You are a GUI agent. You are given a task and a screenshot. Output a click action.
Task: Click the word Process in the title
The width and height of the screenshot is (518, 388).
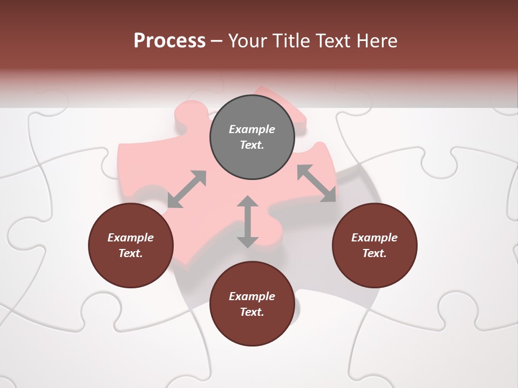(x=169, y=41)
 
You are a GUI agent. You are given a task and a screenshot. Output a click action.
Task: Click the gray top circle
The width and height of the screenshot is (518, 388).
(x=252, y=137)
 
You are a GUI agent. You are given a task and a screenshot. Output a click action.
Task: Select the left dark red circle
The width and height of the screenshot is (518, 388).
(x=131, y=245)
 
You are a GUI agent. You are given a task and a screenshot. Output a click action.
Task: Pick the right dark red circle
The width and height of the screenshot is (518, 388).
(x=374, y=245)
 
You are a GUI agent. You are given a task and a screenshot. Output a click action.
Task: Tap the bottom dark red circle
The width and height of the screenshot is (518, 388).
(x=252, y=304)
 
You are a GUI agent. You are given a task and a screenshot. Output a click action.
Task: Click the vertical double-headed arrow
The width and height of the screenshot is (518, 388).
(x=248, y=221)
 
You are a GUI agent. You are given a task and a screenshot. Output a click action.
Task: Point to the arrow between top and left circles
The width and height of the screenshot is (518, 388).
(x=187, y=189)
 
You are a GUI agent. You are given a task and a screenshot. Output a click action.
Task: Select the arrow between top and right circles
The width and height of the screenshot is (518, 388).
(x=316, y=183)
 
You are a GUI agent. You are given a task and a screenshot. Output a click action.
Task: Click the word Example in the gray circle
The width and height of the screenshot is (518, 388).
(x=252, y=129)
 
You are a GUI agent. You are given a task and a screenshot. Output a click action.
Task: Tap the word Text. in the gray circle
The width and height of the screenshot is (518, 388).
(x=252, y=145)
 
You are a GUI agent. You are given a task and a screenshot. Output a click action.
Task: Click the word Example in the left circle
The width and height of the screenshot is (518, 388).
(x=131, y=238)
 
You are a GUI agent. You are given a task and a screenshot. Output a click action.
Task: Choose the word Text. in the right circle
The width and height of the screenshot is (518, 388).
(x=374, y=253)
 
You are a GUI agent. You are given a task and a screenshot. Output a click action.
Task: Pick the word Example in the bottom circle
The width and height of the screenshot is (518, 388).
(x=252, y=296)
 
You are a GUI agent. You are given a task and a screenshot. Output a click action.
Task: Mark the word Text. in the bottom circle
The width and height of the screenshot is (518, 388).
(x=252, y=312)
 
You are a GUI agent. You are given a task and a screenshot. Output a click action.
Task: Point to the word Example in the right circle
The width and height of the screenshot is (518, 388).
(x=374, y=238)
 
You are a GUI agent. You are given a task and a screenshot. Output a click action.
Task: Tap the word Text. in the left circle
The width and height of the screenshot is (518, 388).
(x=131, y=253)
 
